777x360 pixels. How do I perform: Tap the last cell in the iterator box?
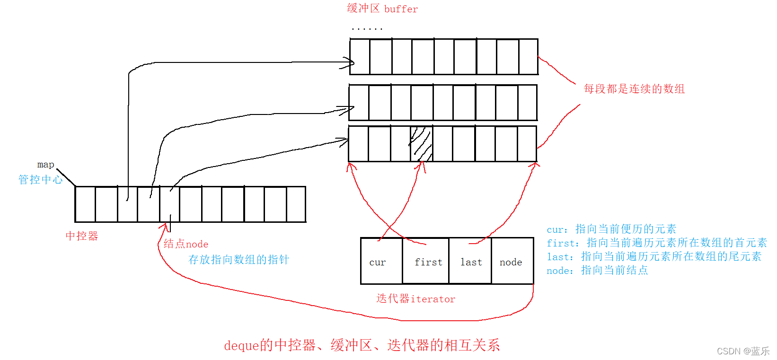click(x=470, y=262)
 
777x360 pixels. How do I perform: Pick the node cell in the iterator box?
click(x=512, y=262)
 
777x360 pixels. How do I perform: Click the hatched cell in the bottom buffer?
click(x=421, y=143)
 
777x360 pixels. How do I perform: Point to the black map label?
click(x=45, y=165)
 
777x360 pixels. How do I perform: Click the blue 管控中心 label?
click(x=40, y=179)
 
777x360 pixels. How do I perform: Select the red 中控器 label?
click(x=81, y=236)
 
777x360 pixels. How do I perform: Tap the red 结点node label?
click(x=185, y=244)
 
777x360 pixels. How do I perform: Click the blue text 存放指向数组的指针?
click(x=238, y=259)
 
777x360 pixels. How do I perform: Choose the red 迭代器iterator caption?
click(x=415, y=299)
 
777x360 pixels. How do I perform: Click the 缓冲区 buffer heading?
click(x=382, y=9)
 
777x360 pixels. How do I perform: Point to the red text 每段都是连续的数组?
click(x=634, y=88)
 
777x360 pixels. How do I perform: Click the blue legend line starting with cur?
click(x=611, y=229)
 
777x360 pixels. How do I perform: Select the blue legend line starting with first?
click(x=656, y=243)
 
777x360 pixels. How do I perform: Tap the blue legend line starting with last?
click(x=653, y=256)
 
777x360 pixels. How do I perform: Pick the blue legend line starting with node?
click(x=597, y=270)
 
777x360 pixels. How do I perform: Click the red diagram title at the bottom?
click(x=362, y=345)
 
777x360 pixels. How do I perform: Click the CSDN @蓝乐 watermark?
click(x=743, y=351)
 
